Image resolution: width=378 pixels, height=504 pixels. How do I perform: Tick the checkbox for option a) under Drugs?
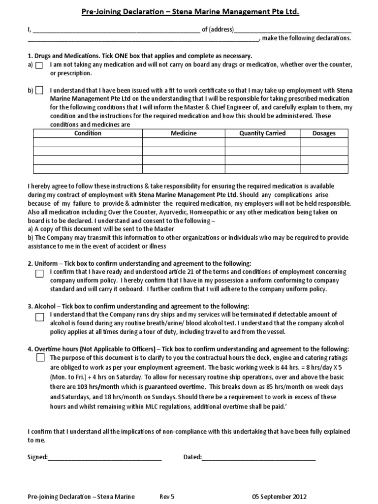point(39,65)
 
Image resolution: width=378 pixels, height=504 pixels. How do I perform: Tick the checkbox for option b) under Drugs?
point(39,90)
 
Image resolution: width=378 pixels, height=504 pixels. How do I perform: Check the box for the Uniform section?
point(39,273)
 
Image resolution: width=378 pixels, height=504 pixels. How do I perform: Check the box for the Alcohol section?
point(39,317)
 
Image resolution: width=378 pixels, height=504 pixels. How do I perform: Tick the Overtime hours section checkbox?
point(39,359)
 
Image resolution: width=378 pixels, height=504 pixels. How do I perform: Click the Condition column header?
point(88,133)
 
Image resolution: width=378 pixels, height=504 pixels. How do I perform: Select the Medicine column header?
point(184,133)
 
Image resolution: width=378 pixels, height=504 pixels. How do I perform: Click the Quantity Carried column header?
point(262,133)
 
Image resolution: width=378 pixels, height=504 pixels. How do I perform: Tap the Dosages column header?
point(324,133)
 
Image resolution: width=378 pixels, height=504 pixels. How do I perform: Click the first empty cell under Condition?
point(88,143)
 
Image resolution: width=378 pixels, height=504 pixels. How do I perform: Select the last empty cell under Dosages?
point(324,169)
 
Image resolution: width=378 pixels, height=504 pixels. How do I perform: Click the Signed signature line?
point(105,457)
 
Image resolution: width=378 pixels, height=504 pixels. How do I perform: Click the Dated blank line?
point(259,457)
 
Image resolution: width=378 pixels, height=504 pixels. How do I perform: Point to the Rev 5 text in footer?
point(167,497)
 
